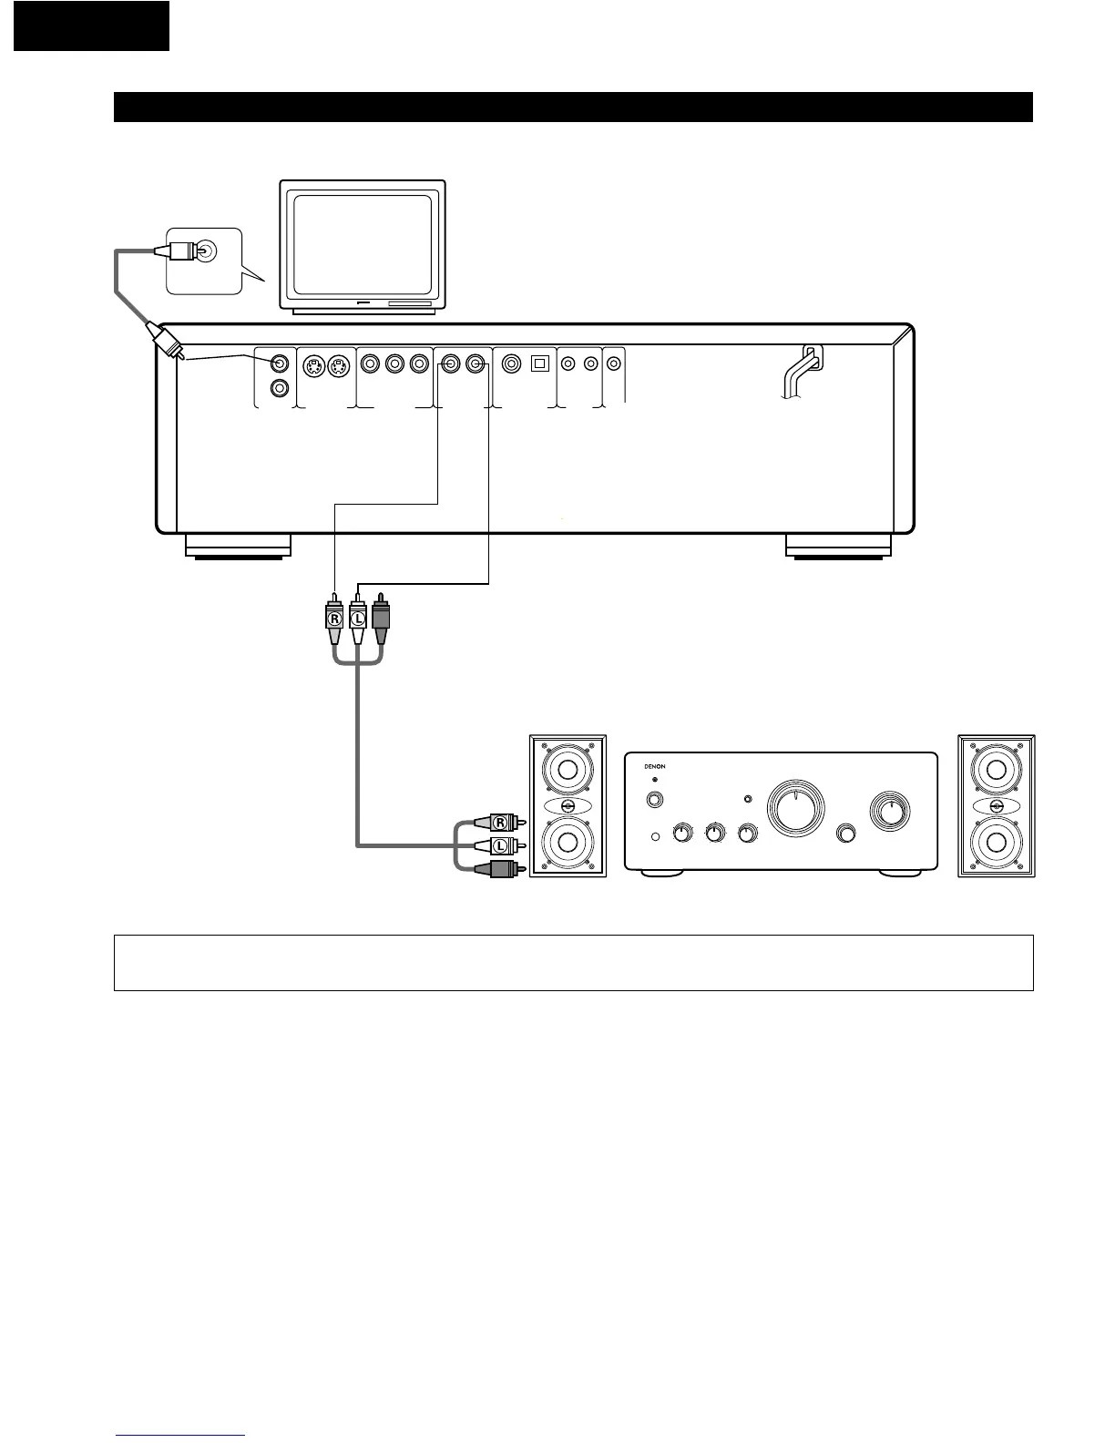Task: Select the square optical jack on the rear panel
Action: pos(539,363)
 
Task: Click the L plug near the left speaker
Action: pos(498,845)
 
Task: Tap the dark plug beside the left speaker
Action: pos(498,869)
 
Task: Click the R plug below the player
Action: pos(335,619)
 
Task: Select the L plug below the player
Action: pos(358,619)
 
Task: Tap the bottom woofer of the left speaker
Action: pos(568,841)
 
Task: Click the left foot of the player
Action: pos(238,545)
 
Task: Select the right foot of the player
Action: pos(838,545)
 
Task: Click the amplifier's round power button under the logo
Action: pos(654,801)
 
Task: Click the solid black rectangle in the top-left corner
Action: pos(91,26)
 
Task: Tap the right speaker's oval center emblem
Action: pos(996,807)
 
